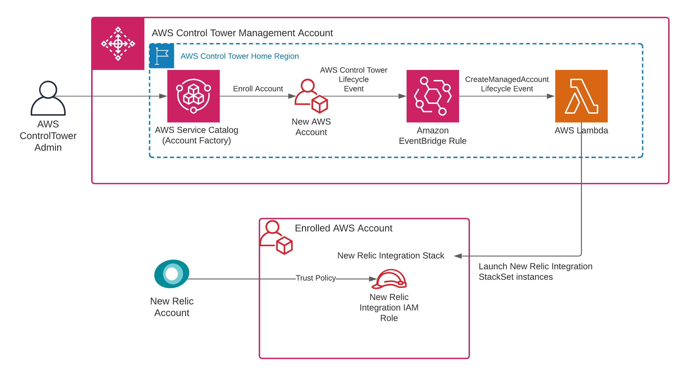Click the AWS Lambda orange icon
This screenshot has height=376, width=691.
tap(581, 96)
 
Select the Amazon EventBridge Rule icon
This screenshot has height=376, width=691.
tap(432, 96)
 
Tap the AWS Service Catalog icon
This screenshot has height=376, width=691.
tap(193, 96)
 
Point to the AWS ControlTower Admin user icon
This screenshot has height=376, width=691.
tap(48, 98)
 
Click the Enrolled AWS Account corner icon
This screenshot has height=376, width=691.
tap(276, 237)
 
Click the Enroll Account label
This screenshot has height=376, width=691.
tap(258, 89)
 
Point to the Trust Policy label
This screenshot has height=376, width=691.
tap(316, 278)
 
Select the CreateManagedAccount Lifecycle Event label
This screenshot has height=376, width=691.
tap(507, 84)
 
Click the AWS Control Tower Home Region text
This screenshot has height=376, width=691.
tap(240, 56)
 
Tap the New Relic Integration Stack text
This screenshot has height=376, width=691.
tap(390, 255)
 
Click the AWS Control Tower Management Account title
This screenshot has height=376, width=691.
tap(242, 33)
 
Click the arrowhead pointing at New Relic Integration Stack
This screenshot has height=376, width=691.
tap(458, 256)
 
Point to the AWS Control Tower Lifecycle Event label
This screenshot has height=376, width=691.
tap(354, 79)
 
